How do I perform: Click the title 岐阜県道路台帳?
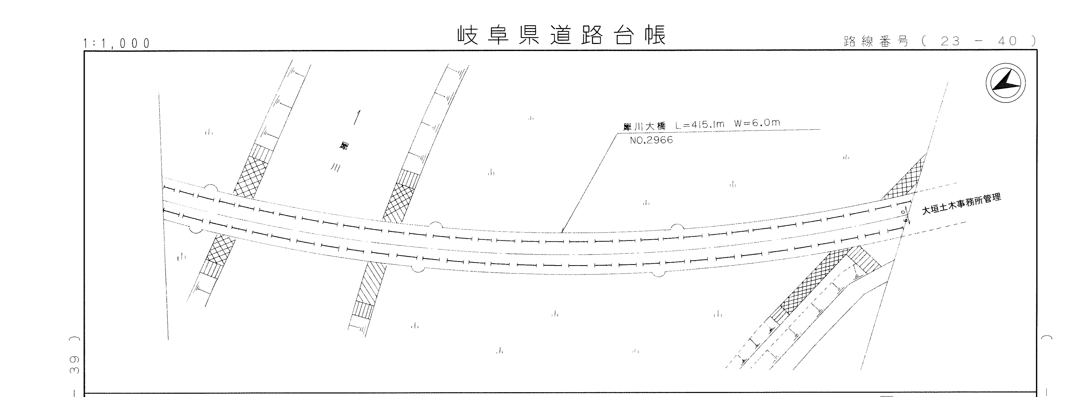pos(562,35)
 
